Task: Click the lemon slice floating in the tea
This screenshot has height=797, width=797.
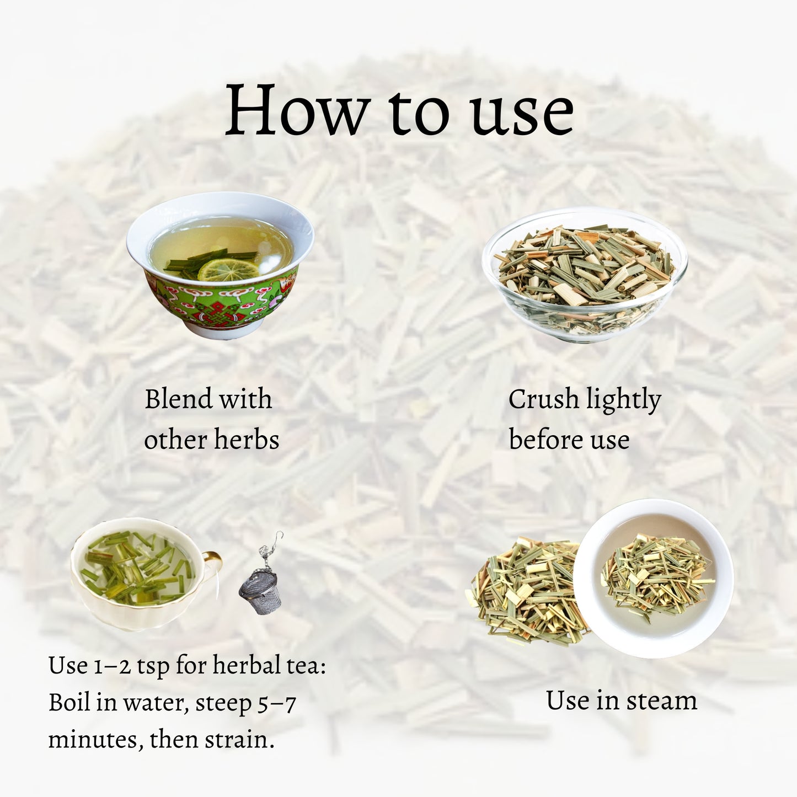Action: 228,269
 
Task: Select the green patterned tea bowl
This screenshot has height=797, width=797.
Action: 220,265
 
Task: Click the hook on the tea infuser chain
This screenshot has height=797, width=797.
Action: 279,537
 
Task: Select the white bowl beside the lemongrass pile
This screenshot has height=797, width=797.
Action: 653,578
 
